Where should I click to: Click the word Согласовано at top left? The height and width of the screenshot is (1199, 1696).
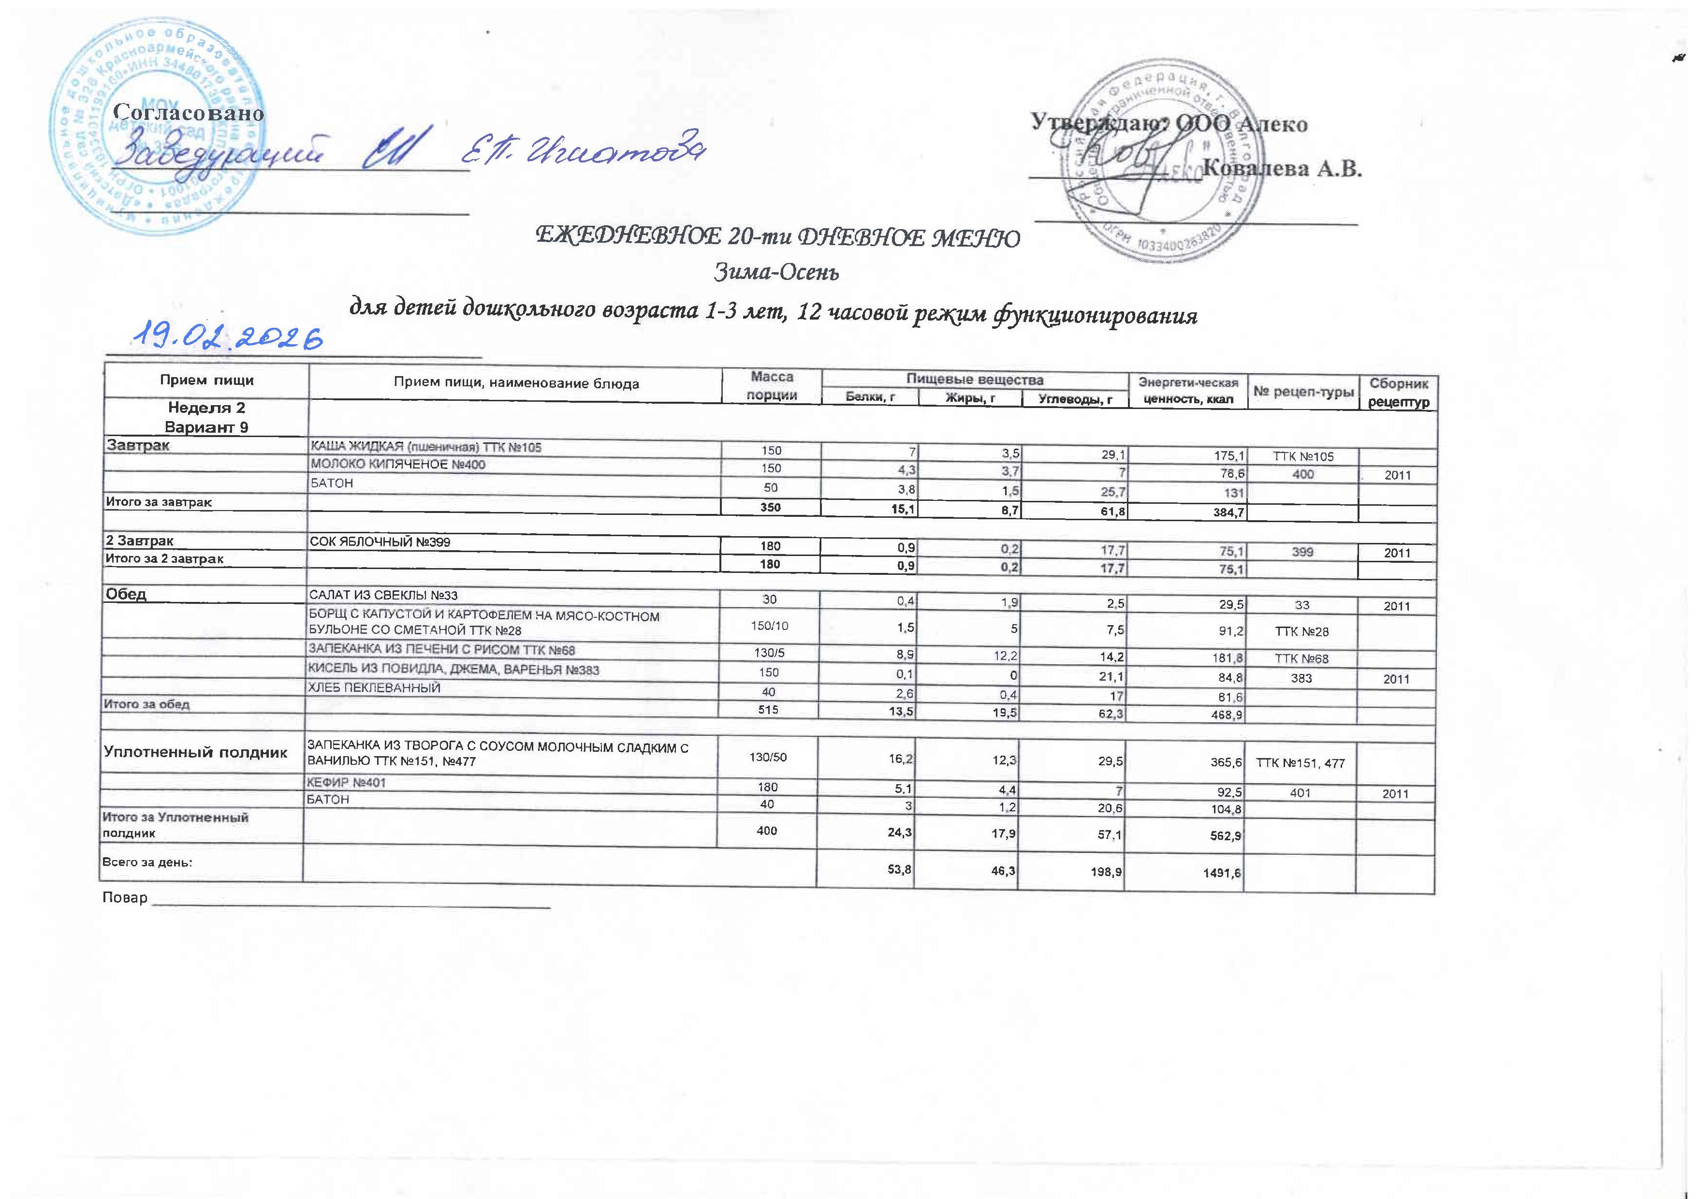(189, 114)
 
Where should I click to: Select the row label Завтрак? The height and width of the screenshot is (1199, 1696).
(139, 445)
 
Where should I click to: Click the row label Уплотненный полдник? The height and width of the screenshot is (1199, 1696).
(196, 753)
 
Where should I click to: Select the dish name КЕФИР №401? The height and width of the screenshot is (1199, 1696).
(347, 782)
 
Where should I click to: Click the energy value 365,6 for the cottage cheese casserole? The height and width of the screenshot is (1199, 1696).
(1223, 762)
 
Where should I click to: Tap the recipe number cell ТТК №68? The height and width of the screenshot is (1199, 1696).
(1301, 658)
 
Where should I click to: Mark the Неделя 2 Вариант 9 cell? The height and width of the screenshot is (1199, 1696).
(206, 417)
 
